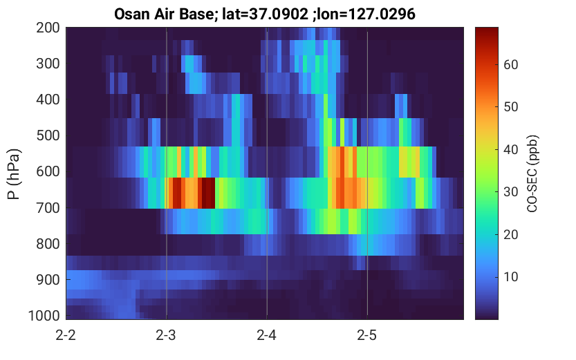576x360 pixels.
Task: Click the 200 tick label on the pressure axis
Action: (x=48, y=28)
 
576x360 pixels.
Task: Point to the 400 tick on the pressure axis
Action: (x=48, y=100)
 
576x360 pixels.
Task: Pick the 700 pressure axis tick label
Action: (x=48, y=208)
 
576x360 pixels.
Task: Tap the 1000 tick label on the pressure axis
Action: (x=44, y=316)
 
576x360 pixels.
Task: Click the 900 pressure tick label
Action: (x=48, y=280)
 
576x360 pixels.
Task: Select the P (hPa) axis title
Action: (x=14, y=174)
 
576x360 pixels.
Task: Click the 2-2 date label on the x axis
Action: (x=66, y=335)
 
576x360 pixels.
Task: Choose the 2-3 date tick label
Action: (x=166, y=335)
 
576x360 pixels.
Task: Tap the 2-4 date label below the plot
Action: (x=266, y=335)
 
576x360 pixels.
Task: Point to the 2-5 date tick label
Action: (x=367, y=335)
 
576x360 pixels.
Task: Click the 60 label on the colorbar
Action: (x=510, y=64)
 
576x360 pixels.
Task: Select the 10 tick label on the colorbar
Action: (x=510, y=276)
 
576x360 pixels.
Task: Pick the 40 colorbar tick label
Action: (x=510, y=149)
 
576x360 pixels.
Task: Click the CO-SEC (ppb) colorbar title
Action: (x=532, y=174)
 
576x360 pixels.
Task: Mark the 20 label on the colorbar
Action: (x=510, y=234)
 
